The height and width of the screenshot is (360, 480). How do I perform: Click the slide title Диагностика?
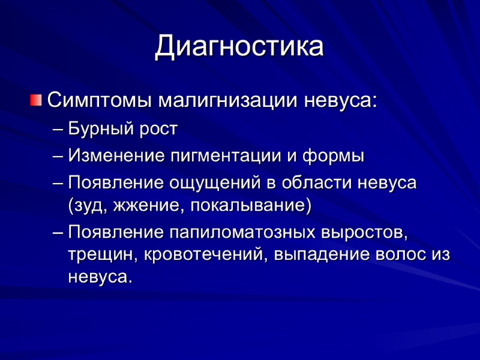tap(239, 47)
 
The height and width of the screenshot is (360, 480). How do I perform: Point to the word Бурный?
tap(96, 128)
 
